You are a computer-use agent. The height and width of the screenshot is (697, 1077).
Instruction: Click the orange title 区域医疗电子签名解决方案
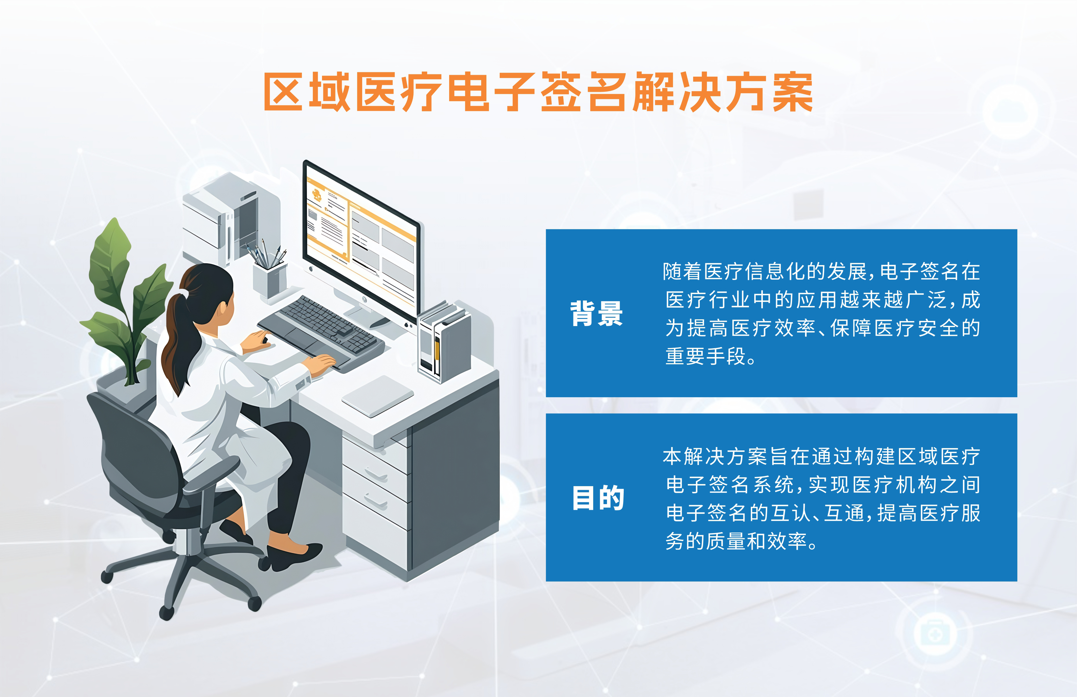(x=538, y=92)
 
